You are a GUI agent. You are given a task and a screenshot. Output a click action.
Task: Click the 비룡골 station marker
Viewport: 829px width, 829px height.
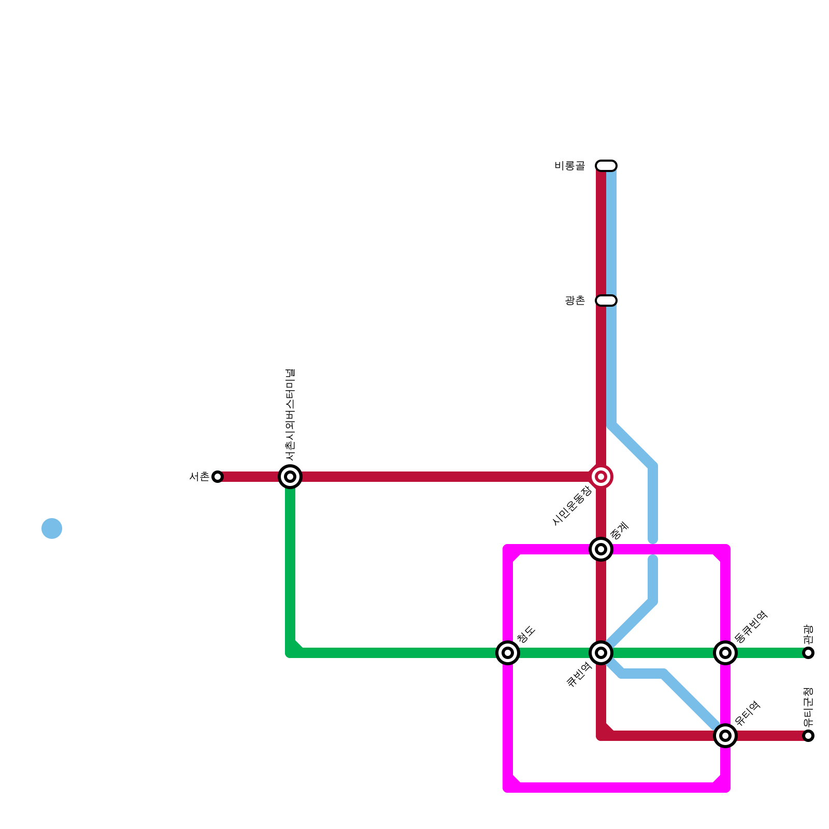click(606, 166)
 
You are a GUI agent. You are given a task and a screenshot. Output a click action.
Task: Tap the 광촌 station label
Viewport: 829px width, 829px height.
click(575, 301)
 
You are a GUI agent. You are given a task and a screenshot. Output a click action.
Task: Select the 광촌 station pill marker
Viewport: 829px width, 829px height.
click(606, 301)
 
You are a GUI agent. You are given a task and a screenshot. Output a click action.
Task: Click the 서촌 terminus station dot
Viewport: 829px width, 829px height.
click(218, 477)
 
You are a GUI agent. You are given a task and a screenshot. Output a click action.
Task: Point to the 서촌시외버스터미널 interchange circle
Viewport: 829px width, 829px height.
click(290, 477)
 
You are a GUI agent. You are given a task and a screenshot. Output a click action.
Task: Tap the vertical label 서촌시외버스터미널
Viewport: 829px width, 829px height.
click(290, 414)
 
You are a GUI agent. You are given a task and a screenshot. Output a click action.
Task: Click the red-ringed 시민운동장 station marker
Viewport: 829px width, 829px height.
click(601, 477)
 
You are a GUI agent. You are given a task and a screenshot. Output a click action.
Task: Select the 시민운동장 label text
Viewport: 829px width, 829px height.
click(572, 506)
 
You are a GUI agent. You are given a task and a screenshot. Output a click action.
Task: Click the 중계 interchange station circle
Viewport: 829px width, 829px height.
click(601, 549)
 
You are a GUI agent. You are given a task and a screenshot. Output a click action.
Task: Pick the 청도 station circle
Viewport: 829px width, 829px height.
click(508, 653)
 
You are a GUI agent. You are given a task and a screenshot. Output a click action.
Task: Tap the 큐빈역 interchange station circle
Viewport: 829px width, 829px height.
click(601, 653)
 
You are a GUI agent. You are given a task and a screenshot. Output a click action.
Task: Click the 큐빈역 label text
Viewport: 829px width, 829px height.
click(579, 675)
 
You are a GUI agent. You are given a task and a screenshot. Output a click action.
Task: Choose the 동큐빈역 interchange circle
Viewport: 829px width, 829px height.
click(725, 653)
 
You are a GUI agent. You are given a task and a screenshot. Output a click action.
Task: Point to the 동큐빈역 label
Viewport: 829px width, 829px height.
click(751, 627)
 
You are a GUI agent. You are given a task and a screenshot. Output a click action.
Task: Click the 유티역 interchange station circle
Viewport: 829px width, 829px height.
click(725, 736)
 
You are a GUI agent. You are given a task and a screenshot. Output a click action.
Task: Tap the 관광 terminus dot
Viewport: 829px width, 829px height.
click(808, 653)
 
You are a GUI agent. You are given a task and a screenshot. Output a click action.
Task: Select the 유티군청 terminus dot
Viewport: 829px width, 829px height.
click(808, 736)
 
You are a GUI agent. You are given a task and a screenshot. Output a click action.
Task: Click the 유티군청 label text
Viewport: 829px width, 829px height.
click(808, 707)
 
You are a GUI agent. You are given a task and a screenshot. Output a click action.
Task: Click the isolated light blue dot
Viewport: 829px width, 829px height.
click(52, 528)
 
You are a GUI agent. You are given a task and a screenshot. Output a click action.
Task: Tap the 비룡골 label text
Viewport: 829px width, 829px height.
click(569, 166)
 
